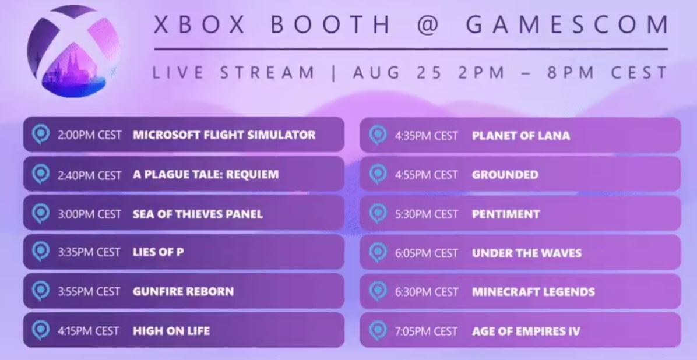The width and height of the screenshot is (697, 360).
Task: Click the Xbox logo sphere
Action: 73,51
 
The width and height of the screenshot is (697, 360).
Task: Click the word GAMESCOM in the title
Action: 567,24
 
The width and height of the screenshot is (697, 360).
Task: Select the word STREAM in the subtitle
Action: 267,72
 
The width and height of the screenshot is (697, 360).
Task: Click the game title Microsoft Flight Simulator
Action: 224,135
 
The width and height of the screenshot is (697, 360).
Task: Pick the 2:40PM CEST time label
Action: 89,175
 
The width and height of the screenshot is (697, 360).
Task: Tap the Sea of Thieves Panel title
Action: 198,214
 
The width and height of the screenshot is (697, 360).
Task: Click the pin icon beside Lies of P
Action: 41,252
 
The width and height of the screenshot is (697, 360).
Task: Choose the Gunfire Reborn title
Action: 183,292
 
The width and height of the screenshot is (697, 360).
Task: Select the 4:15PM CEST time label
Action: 88,331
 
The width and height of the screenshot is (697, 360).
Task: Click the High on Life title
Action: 171,331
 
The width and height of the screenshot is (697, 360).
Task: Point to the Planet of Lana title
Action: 521,136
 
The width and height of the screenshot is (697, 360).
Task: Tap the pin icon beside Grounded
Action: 378,174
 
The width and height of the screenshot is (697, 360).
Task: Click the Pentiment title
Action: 506,214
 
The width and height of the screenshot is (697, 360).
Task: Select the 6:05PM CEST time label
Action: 426,253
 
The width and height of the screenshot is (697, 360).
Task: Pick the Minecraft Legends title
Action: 533,292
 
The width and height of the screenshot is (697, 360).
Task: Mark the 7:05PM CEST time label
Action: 426,331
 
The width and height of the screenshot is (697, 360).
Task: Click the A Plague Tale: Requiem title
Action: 206,174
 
